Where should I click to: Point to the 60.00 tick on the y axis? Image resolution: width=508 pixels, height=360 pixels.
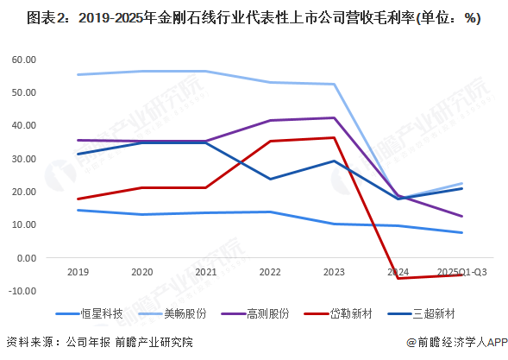coord(24,60)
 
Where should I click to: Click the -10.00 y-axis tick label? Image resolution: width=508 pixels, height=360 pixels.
coord(23,291)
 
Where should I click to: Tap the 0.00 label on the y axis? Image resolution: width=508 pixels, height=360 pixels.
coord(28,258)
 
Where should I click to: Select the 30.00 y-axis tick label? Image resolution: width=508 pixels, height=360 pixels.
coord(24,159)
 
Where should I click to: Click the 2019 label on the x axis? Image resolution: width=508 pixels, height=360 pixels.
coord(78,270)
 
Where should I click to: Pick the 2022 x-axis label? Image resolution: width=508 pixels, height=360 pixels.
coord(269,270)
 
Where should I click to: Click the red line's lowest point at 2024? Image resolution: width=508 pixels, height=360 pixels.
coord(398,278)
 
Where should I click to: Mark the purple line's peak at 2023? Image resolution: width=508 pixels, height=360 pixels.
coord(334,117)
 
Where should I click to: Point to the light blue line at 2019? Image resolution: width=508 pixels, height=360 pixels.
coord(78,74)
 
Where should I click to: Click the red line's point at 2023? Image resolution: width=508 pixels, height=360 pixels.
coord(334,137)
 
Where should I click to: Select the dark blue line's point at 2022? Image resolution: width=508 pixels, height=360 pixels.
coord(270,179)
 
